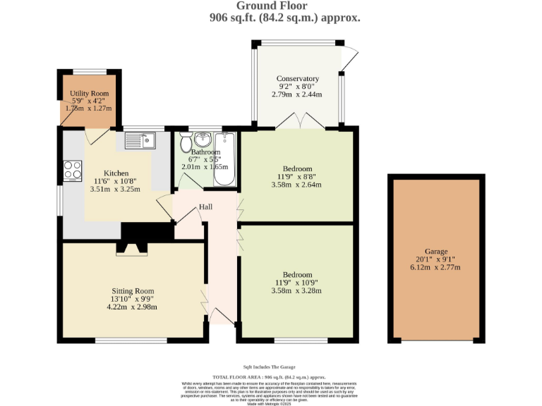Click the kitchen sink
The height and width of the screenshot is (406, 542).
140,141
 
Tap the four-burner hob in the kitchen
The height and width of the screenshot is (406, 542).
73,170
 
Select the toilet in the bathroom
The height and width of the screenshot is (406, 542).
186,144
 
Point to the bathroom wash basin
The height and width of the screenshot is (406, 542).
205,137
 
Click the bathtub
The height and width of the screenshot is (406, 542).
226,159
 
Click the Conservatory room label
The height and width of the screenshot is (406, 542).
298,78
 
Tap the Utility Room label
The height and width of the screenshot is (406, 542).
89,94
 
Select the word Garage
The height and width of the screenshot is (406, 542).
436,252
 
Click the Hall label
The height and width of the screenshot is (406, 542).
205,207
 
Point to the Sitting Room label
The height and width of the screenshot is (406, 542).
132,291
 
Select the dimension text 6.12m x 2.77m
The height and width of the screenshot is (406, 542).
436,268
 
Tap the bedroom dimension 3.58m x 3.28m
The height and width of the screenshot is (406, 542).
297,290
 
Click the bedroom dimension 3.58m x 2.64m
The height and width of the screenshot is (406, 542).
297,185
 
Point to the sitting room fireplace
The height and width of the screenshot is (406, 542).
131,247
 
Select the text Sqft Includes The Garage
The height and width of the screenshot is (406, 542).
270,367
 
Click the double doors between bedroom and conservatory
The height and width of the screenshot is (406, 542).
299,123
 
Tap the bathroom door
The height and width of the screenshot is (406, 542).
185,182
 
